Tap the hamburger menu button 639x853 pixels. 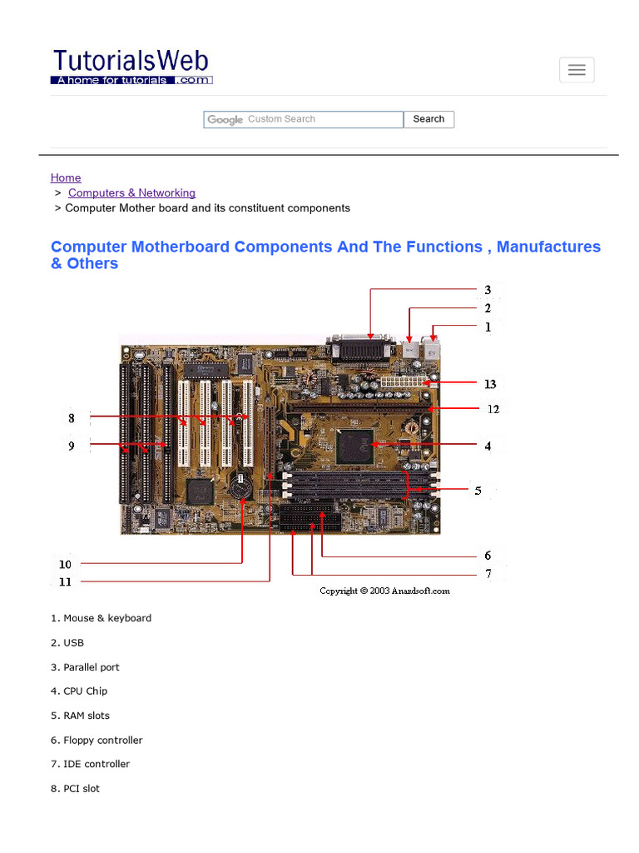577,71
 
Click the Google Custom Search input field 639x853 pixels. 304,120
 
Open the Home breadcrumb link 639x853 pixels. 66,177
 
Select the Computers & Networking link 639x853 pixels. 131,192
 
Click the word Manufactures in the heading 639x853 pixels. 548,247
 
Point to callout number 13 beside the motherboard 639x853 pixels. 490,384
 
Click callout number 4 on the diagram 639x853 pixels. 488,446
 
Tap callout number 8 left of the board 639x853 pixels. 72,417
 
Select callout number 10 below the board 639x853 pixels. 65,564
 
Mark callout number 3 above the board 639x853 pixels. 488,290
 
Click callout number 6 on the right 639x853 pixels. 488,556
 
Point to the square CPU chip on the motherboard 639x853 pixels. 355,446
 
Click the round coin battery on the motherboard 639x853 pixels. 240,486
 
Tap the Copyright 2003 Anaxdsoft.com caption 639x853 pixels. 384,591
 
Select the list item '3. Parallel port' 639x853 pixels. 85,667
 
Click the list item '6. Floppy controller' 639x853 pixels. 97,740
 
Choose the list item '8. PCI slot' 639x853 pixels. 75,788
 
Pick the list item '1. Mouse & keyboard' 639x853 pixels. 101,618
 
